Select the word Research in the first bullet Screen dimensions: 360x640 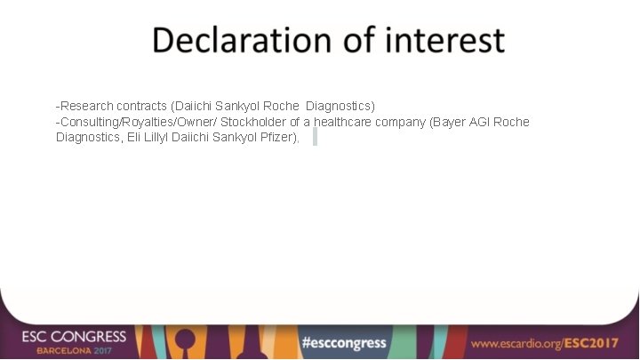click(87, 106)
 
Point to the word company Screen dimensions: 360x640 click(400, 122)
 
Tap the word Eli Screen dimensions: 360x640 click(139, 138)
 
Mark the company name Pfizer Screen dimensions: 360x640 click(280, 138)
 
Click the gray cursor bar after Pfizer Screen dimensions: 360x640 click(315, 137)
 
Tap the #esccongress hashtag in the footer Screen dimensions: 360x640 click(343, 342)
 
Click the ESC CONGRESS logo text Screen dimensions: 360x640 click(75, 337)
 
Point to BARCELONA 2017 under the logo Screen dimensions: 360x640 click(75, 351)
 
